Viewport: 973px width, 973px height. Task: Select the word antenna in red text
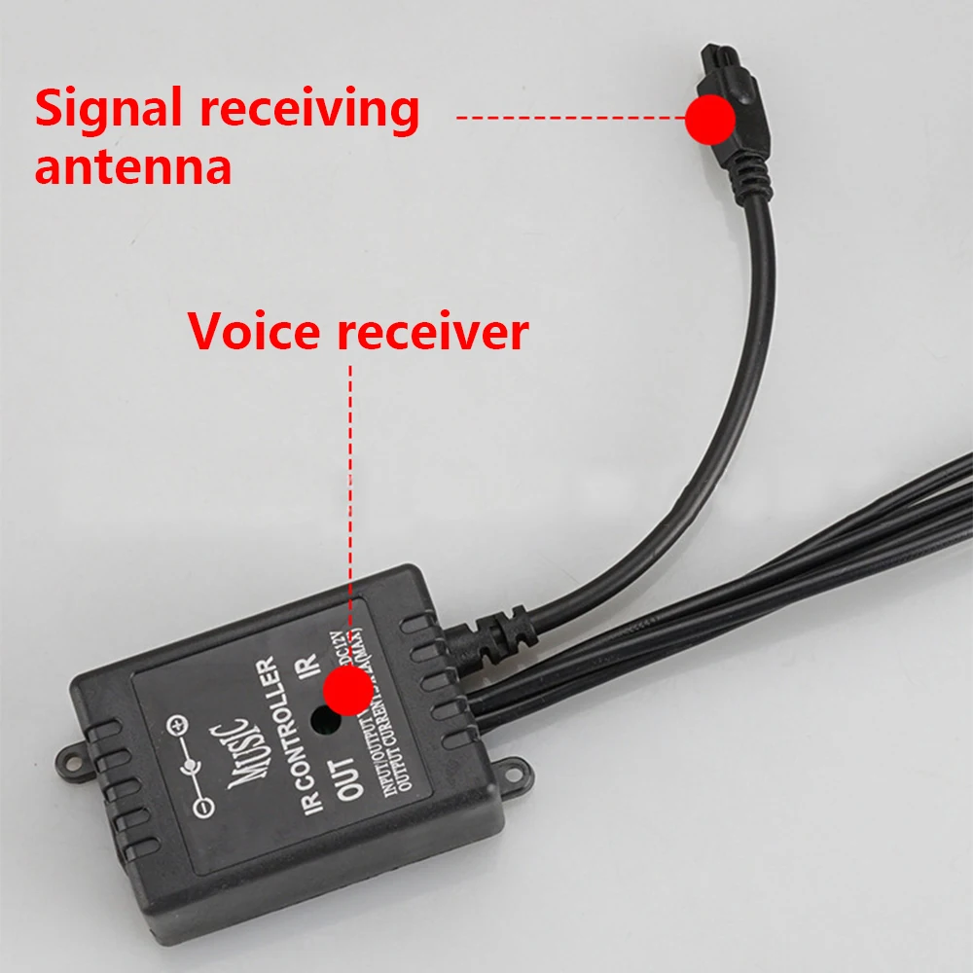tap(133, 166)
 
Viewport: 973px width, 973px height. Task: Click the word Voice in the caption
tap(254, 332)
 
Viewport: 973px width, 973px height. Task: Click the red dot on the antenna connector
tap(710, 119)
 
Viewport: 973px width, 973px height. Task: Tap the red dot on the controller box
tap(347, 692)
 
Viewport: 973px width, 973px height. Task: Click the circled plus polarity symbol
tap(177, 725)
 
